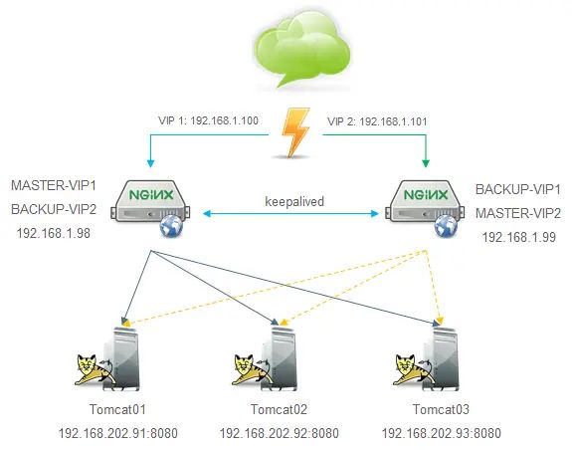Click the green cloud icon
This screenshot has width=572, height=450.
coord(302,49)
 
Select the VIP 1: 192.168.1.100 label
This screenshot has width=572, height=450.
coord(208,120)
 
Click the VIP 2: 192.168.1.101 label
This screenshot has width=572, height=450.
coord(377,121)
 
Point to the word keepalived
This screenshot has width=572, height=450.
coord(294,201)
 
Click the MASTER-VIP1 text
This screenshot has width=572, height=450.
coord(54,185)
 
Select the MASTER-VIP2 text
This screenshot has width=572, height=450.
coord(518,213)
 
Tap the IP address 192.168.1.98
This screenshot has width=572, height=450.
coord(54,233)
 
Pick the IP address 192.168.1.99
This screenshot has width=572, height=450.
coord(519,237)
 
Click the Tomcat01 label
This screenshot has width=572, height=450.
coord(117,409)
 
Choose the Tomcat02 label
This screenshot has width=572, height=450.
coord(280,409)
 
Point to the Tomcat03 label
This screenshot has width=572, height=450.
coord(441,409)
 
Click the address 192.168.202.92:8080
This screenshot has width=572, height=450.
coord(280,433)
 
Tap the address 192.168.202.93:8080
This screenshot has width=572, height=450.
coord(441,433)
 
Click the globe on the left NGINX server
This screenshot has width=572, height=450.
coord(171,226)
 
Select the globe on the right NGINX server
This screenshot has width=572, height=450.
coord(446,226)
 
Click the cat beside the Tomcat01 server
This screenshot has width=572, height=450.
coord(94,369)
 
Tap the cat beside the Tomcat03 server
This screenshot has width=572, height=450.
coord(413,369)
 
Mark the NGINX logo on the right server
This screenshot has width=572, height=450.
coord(426,195)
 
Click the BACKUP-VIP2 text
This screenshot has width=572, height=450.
coord(54,209)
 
